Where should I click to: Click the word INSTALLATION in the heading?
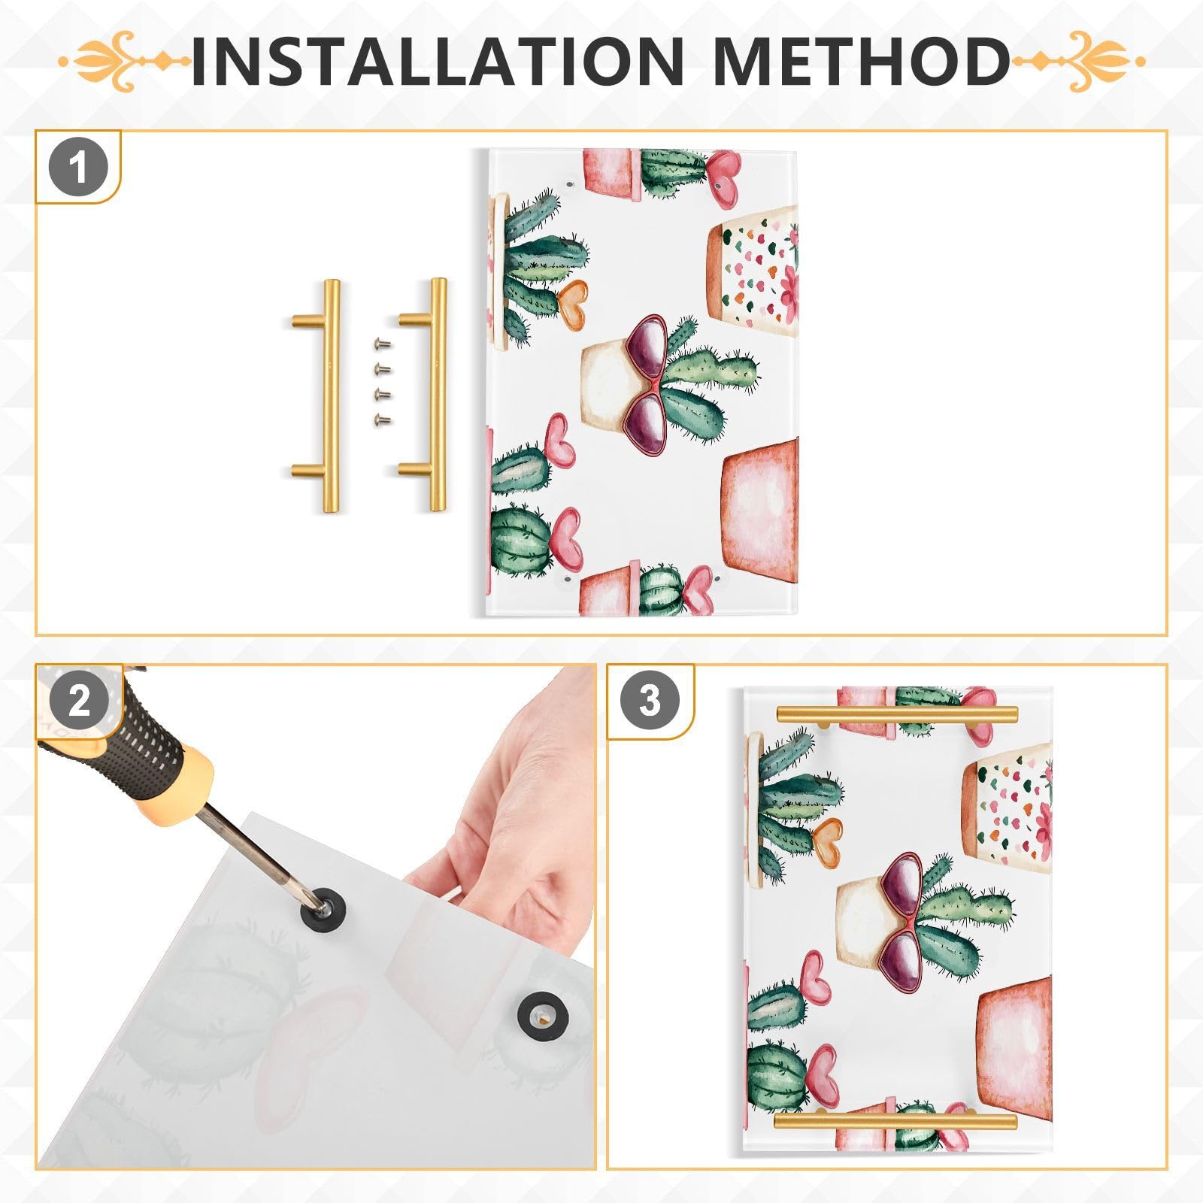(x=436, y=60)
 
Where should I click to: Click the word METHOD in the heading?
(x=861, y=60)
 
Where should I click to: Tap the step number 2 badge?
(x=79, y=701)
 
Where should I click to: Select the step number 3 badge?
(x=650, y=701)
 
